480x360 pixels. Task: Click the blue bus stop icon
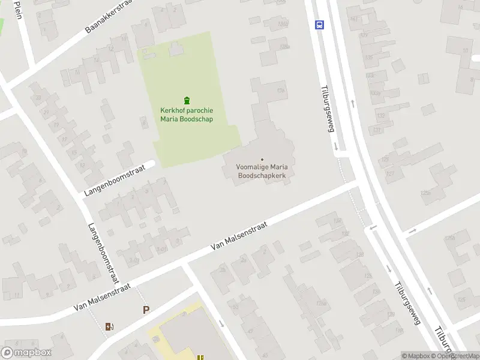[320, 25]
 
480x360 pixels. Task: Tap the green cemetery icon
[187, 100]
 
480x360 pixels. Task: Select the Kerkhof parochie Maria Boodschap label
[187, 115]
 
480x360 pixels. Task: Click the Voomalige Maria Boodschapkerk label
[262, 171]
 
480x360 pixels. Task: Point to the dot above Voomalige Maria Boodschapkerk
[262, 159]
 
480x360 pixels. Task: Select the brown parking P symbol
[145, 310]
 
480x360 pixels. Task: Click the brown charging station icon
[109, 326]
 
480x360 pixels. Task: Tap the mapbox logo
[26, 353]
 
